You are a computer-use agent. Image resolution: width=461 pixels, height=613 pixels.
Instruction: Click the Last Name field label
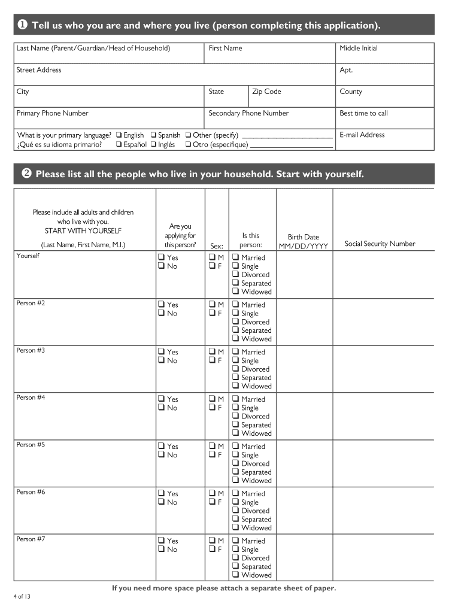93,48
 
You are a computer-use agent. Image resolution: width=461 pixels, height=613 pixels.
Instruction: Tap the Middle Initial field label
359,48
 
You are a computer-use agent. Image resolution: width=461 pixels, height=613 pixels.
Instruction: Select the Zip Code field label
266,92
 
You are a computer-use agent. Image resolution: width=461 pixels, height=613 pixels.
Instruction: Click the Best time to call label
363,113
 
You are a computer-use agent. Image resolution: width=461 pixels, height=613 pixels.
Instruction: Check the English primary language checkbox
119,135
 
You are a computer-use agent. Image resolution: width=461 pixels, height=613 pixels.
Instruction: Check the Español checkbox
119,144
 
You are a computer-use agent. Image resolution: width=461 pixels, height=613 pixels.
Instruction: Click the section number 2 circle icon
26,174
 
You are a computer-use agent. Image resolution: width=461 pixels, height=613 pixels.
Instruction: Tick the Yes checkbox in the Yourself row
161,257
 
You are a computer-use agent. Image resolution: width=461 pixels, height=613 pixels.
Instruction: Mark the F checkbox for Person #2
212,313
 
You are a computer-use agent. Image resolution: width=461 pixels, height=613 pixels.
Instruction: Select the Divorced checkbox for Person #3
236,369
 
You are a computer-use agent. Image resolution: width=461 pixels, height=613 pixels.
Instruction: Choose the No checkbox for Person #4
161,408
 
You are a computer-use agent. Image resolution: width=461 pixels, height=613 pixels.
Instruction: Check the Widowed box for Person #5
236,481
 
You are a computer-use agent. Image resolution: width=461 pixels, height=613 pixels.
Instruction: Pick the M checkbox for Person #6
212,493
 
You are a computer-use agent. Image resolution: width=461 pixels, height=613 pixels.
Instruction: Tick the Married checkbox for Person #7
236,541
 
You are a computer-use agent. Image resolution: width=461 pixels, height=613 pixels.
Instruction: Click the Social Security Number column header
380,244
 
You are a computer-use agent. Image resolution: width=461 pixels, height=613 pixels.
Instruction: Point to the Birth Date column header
303,241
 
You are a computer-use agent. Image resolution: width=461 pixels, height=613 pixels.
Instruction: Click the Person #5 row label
31,445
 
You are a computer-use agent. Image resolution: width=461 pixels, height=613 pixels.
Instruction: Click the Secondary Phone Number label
248,113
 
